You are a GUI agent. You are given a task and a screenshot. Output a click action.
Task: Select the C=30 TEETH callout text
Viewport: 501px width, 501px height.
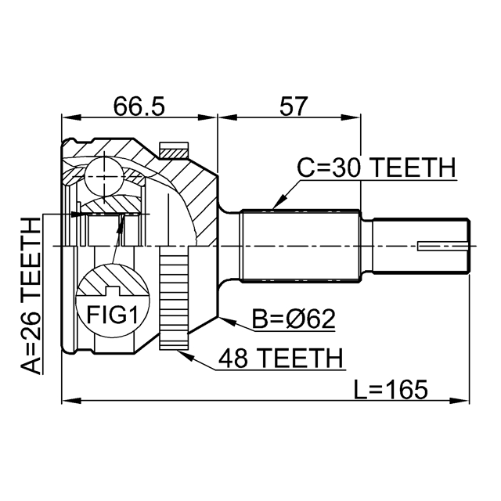377,168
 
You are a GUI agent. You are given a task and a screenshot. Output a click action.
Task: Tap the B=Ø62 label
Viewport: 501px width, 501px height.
293,319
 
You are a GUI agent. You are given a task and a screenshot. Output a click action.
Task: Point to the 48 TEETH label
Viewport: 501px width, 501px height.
279,359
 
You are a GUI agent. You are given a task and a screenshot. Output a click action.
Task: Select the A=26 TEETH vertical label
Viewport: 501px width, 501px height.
30,297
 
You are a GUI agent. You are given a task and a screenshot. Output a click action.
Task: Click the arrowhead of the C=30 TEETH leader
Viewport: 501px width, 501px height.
274,207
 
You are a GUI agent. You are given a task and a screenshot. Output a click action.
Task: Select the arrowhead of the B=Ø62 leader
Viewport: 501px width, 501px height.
224,319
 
